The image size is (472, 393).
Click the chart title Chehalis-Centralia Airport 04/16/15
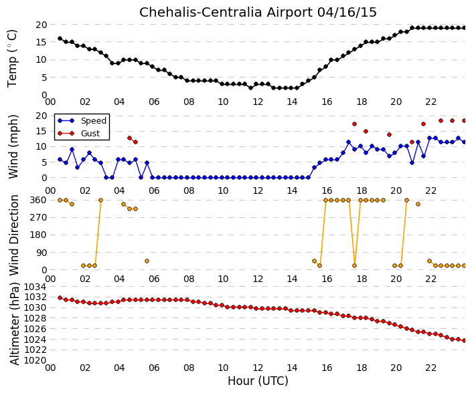[x=258, y=12]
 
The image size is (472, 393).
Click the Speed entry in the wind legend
[x=94, y=120]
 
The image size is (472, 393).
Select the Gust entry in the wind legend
[x=90, y=134]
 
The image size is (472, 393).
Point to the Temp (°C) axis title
[x=12, y=58]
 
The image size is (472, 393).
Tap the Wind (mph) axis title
[x=13, y=146]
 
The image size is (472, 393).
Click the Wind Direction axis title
[x=13, y=235]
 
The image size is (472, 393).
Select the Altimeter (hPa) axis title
[x=14, y=323]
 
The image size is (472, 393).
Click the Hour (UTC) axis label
[x=258, y=381]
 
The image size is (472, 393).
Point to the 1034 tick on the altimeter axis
[x=35, y=287]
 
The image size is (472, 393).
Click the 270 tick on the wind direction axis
[x=39, y=217]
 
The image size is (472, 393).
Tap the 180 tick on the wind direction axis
[x=39, y=235]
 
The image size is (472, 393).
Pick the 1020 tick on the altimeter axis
[x=35, y=360]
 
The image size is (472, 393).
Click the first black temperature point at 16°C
[x=60, y=39]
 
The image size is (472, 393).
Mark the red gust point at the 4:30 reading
[x=130, y=138]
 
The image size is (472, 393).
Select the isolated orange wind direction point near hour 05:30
[x=147, y=261]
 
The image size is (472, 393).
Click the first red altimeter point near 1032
[x=60, y=297]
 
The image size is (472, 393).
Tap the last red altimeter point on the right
[x=464, y=340]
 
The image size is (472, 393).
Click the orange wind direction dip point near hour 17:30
[x=354, y=265]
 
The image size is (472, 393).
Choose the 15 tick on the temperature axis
[x=42, y=42]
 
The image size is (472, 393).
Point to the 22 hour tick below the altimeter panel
[x=430, y=368]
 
